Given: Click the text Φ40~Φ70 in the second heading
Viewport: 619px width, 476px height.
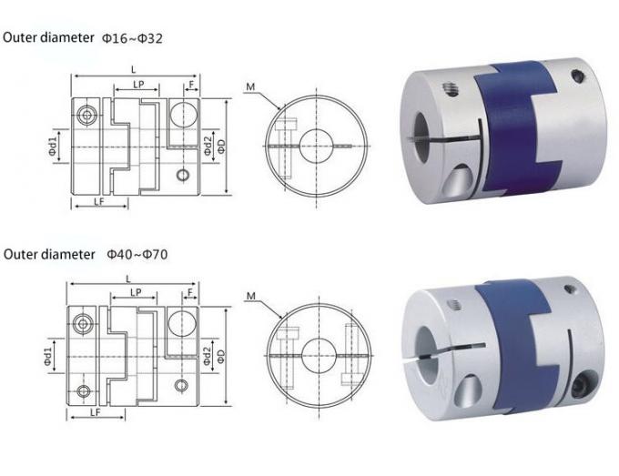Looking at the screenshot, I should pos(137,254).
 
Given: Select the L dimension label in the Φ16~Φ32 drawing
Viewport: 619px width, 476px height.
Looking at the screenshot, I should pos(134,68).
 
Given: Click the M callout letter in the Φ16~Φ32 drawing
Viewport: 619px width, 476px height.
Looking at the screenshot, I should pos(249,87).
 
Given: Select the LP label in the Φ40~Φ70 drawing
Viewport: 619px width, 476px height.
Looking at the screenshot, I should pos(135,293).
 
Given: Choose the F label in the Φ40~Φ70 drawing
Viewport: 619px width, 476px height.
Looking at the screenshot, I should pos(189,293).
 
